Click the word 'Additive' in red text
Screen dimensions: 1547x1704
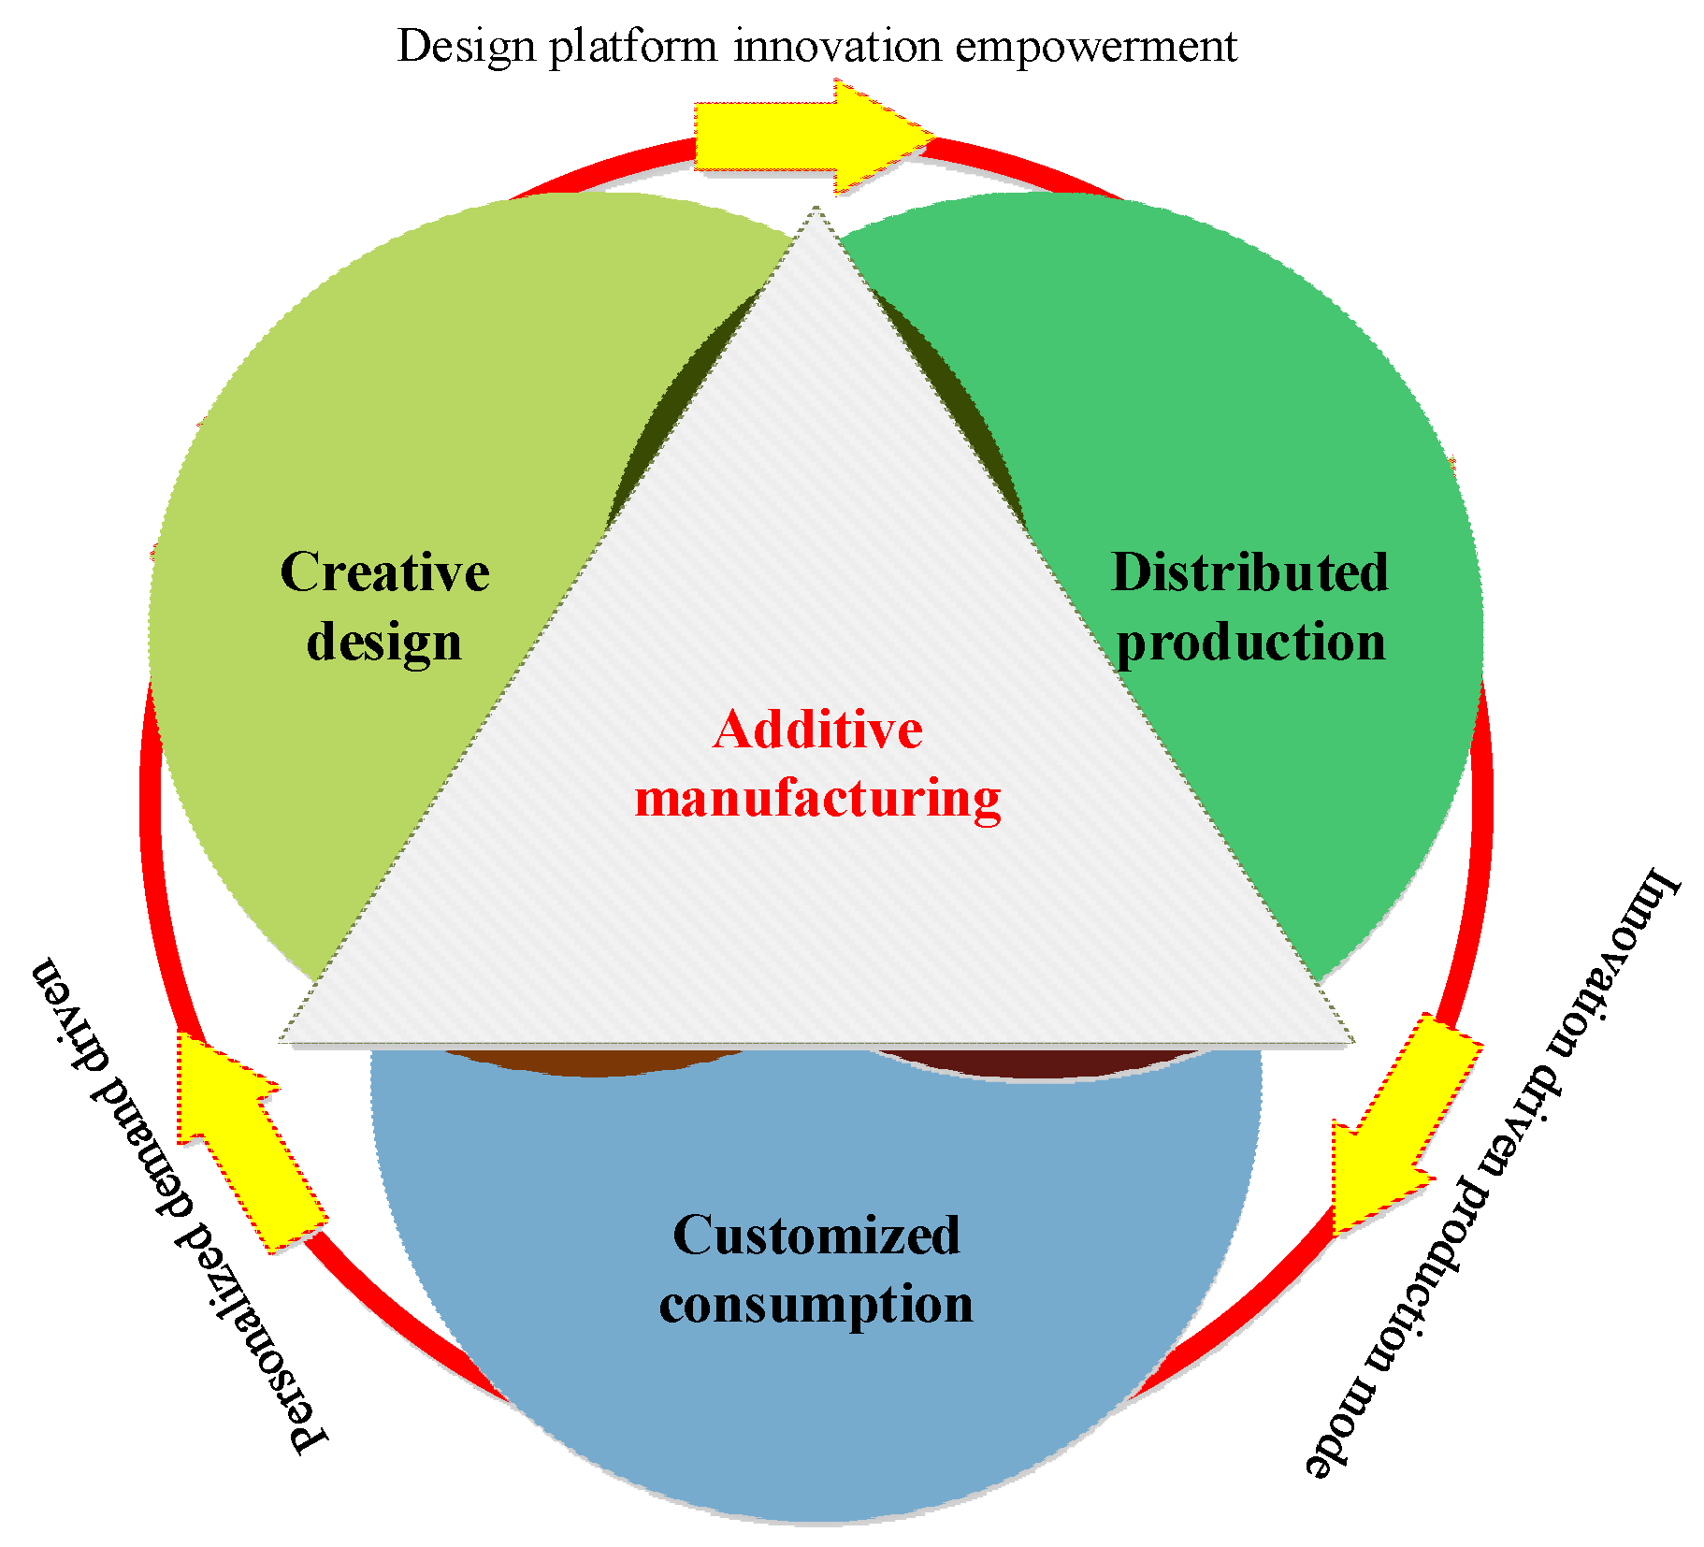tap(817, 730)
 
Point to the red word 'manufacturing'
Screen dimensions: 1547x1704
tap(817, 800)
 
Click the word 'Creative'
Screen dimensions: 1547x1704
tap(384, 571)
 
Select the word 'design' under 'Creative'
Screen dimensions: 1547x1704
tap(384, 643)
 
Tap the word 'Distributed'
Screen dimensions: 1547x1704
tap(1249, 571)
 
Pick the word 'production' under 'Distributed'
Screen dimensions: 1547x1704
tap(1250, 643)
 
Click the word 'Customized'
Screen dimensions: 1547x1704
tap(816, 1235)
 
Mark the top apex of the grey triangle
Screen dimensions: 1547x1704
tap(816, 210)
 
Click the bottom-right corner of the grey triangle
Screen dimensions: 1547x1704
tap(1350, 1040)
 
